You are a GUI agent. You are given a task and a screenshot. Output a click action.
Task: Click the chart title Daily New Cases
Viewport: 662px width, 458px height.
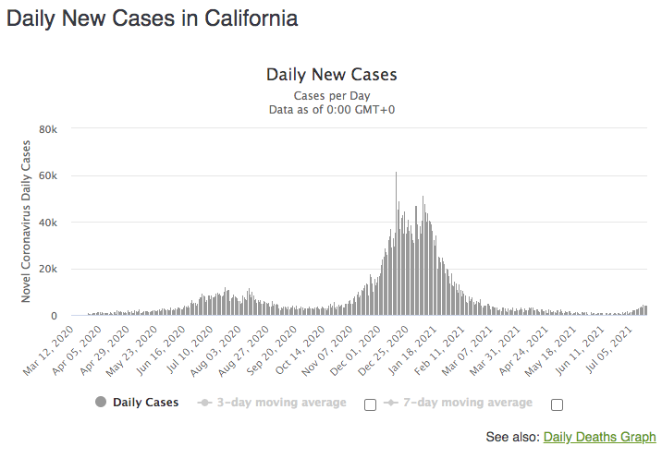[331, 75]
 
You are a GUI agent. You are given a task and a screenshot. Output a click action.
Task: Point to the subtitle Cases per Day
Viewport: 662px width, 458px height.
[331, 95]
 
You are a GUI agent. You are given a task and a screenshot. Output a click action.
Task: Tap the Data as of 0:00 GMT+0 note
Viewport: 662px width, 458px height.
[331, 110]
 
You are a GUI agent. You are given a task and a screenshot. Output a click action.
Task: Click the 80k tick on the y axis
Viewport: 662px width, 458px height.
[48, 128]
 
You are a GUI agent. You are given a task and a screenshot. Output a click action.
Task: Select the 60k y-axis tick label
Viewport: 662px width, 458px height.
[48, 175]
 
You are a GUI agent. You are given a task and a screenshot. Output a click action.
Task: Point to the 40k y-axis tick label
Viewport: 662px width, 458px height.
[48, 223]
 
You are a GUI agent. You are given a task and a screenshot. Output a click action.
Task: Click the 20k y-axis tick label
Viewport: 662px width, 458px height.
[48, 270]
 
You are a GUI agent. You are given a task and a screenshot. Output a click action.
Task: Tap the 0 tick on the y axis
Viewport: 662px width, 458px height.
[54, 317]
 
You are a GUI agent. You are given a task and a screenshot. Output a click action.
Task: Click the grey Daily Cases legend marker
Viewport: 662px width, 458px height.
[100, 403]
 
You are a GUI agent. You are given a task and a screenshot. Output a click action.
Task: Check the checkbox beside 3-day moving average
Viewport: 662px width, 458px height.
[370, 404]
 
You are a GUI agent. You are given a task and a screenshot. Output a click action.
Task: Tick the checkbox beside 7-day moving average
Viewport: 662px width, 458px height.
[556, 404]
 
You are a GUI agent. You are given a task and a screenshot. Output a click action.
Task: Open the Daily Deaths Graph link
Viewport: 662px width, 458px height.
[599, 437]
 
